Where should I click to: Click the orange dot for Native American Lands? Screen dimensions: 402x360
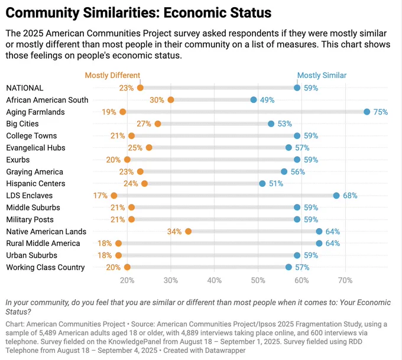(188, 232)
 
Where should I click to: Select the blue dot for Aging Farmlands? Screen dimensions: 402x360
(367, 112)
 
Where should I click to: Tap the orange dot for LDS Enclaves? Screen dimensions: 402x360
(114, 196)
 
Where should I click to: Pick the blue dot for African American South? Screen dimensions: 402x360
(254, 100)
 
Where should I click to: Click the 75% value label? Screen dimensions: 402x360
(381, 112)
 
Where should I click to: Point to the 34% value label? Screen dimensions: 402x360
(174, 232)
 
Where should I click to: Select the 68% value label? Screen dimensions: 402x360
(350, 196)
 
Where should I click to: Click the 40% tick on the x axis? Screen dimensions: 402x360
(215, 280)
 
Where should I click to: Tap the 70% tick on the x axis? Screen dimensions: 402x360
(345, 280)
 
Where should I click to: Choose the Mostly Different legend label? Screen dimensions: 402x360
(112, 76)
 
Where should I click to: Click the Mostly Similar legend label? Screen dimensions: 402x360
(322, 76)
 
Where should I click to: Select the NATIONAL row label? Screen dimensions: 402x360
(25, 88)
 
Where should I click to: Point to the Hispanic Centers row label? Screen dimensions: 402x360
(35, 184)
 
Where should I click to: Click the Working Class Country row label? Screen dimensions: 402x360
(46, 267)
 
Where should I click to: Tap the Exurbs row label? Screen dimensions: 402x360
(18, 160)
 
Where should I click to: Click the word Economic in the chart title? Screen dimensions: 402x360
(195, 13)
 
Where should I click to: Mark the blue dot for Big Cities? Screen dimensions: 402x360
(271, 124)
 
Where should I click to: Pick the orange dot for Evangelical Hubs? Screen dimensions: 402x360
(149, 148)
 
